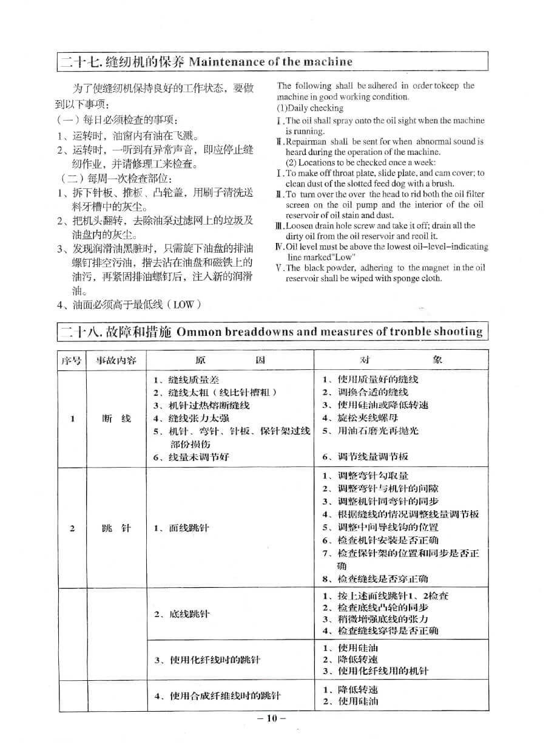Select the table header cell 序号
pyautogui.click(x=72, y=360)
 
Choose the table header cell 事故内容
pyautogui.click(x=116, y=360)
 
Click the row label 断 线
pyautogui.click(x=116, y=418)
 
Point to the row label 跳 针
pyautogui.click(x=116, y=528)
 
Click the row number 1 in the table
pyautogui.click(x=72, y=418)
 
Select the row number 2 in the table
pyautogui.click(x=72, y=528)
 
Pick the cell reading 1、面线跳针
pyautogui.click(x=181, y=528)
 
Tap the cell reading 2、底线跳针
pyautogui.click(x=181, y=614)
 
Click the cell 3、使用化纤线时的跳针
pyautogui.click(x=207, y=660)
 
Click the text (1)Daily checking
pyautogui.click(x=310, y=108)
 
